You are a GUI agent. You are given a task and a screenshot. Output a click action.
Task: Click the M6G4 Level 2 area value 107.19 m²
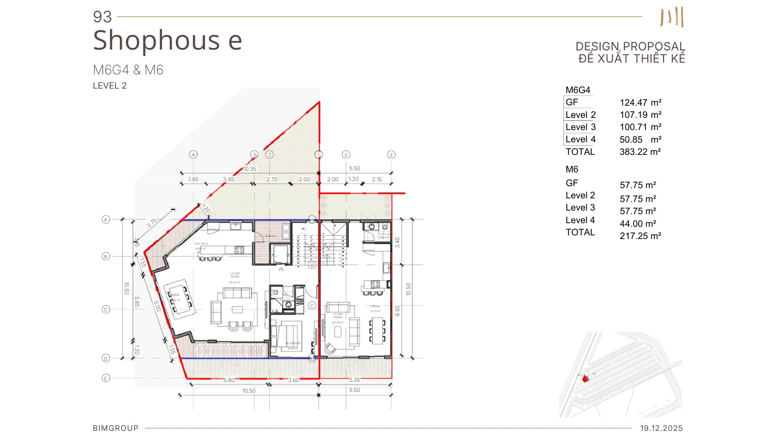pos(640,115)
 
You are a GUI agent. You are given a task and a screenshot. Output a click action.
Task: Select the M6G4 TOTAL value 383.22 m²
pos(640,152)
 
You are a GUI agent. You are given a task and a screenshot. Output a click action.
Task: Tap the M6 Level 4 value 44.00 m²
pos(638,224)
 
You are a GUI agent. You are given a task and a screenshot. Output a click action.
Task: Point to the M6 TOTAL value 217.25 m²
pos(640,236)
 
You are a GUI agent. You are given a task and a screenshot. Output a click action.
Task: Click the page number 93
pos(102,17)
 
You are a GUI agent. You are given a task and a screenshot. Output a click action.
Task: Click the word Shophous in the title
pos(156,40)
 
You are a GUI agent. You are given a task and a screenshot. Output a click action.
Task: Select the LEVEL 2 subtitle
pos(110,86)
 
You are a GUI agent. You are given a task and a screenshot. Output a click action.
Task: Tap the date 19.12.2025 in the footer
pos(661,428)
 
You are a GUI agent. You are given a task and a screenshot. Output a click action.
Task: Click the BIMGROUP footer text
pos(115,428)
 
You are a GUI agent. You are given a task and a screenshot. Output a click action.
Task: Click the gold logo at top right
pos(672,17)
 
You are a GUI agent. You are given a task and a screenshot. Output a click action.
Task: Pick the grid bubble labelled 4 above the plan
pos(193,154)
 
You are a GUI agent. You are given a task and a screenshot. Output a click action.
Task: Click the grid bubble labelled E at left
pos(106,378)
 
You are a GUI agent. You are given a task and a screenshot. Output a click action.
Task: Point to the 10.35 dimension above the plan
pos(250,169)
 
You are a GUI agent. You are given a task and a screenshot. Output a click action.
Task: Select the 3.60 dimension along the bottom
pos(293,380)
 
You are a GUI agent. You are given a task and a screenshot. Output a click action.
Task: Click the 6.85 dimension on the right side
pos(397,311)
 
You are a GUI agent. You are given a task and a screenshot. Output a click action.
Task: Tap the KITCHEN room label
pos(201,244)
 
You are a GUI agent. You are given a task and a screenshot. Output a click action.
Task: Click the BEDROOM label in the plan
pos(293,343)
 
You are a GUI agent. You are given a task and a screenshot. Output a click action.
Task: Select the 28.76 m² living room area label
pos(338,322)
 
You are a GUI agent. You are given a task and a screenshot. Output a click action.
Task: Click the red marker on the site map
pos(585,379)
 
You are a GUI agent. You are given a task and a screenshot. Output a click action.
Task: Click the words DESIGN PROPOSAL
pos(630,46)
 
